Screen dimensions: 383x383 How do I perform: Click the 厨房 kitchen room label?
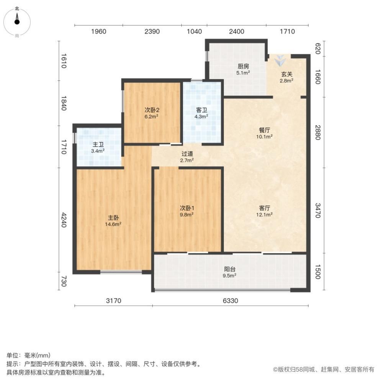coord(243,66)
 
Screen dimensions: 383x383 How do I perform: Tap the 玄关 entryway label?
coord(286,74)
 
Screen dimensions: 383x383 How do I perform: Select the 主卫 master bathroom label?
coord(98,145)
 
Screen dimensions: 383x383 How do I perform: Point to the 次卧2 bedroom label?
coord(152,110)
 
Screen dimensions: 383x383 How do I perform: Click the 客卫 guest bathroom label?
coord(201,110)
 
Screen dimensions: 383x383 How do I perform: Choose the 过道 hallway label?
coord(187,154)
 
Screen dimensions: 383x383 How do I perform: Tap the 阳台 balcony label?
coord(229,269)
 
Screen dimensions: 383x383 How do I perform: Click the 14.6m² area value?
coord(113,224)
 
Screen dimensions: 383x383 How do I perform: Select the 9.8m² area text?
coord(187,214)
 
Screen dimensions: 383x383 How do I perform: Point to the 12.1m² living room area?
coord(264,214)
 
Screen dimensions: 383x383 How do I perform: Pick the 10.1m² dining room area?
coord(264,137)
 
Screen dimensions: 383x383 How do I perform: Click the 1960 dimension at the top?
coord(99,31)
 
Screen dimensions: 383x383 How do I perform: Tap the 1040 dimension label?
coord(195,31)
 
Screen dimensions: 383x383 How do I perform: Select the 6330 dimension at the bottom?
coord(230,301)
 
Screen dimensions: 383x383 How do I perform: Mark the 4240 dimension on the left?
coord(64,220)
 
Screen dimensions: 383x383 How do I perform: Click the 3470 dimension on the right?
coord(318,210)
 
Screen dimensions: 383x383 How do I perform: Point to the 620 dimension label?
coord(318,49)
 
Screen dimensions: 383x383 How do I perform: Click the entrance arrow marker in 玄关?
coord(280,61)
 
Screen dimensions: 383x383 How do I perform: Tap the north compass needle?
coord(17,18)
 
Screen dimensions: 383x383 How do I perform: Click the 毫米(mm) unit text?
coord(38,355)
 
